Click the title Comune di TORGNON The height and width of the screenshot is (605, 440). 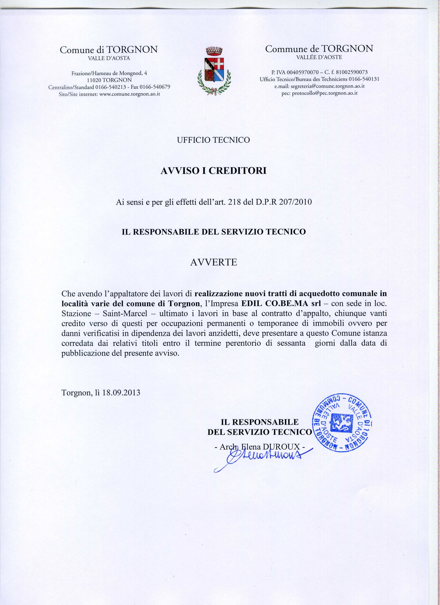109,50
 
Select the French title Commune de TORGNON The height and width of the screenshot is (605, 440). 319,49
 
